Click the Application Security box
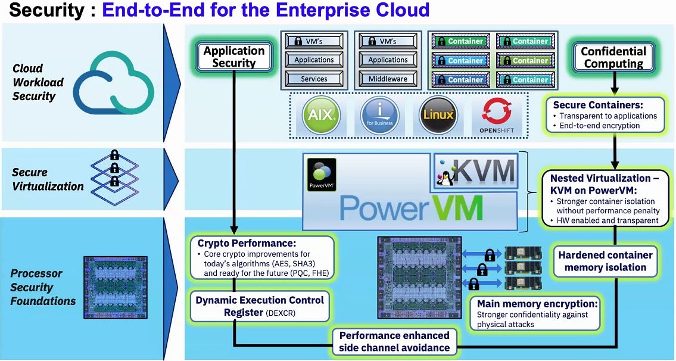click(234, 57)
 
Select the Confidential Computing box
click(613, 57)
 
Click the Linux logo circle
click(438, 114)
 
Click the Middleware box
click(388, 79)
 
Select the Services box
click(314, 79)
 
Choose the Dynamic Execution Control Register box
click(260, 306)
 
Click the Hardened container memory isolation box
click(605, 261)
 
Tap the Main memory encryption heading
click(537, 304)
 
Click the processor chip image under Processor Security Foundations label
click(114, 285)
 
